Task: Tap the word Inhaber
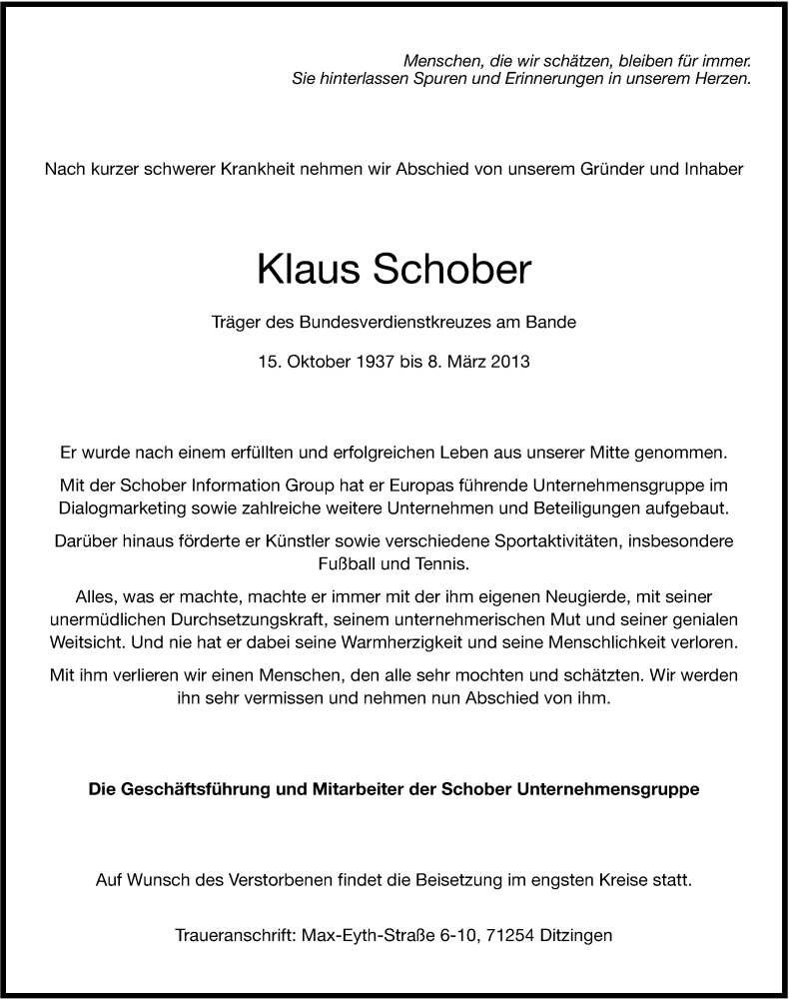(x=712, y=170)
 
